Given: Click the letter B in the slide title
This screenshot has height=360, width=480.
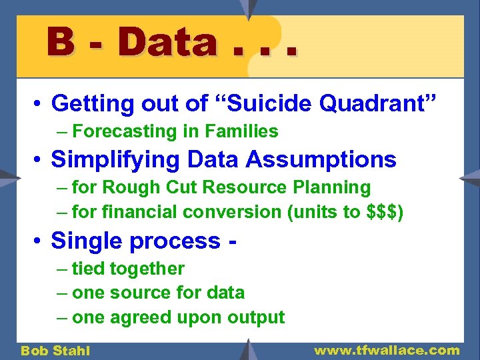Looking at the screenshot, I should tap(61, 42).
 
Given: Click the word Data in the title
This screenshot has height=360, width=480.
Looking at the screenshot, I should tap(166, 42).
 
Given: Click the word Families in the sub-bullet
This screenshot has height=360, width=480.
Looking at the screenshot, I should tap(245, 131).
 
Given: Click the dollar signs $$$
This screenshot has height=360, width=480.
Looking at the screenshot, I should tap(382, 212).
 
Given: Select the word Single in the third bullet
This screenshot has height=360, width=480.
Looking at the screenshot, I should tap(84, 241).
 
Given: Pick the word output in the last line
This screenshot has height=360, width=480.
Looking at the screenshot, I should tap(255, 317).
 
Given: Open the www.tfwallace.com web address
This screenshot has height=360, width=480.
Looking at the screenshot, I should tap(387, 350).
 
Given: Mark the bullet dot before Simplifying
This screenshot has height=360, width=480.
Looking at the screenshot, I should tap(39, 161).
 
